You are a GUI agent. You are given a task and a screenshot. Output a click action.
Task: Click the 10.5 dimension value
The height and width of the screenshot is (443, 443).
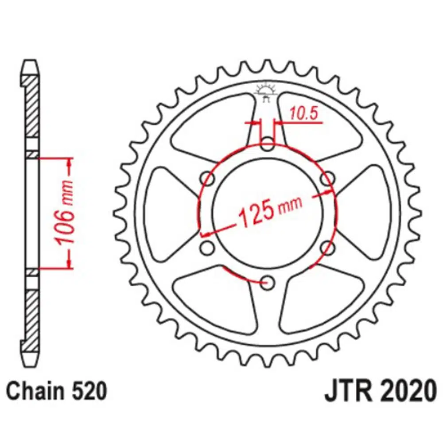303,113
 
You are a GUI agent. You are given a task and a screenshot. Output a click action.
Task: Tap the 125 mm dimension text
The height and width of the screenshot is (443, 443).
270,210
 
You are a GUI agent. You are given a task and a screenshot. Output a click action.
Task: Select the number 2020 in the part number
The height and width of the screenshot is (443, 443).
407,391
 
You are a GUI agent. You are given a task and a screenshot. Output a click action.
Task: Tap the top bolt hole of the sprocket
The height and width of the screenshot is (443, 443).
267,144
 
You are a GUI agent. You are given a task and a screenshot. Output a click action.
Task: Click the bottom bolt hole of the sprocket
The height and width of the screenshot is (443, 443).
267,283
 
